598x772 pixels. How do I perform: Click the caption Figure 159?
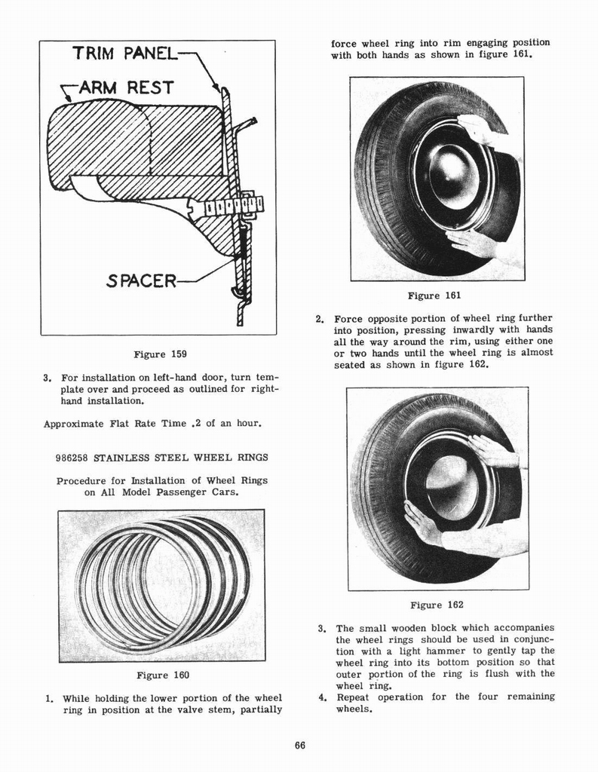[x=159, y=354]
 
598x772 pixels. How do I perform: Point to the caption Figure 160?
[x=162, y=675]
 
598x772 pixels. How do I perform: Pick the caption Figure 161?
[x=434, y=296]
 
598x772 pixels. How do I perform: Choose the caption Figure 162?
[x=437, y=605]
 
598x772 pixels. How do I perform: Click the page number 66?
[x=299, y=746]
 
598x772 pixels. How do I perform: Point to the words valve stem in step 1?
[x=252, y=709]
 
